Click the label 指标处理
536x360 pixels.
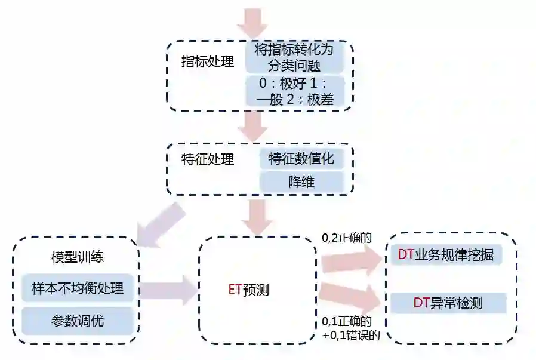[207, 62]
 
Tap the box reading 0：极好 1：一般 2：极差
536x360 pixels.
[294, 91]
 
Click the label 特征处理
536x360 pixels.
[207, 159]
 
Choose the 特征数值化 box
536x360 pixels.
[301, 159]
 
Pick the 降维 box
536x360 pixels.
[301, 181]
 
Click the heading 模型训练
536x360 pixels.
[77, 258]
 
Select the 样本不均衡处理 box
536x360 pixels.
[77, 289]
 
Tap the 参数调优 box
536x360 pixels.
[77, 321]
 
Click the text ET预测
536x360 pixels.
[248, 291]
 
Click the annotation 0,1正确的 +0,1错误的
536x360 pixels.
[351, 328]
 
